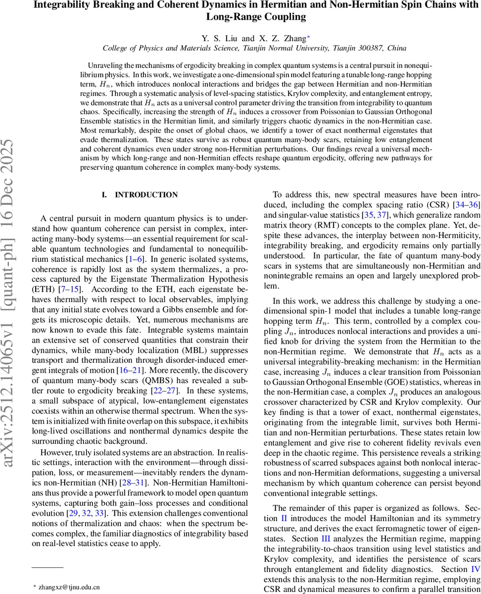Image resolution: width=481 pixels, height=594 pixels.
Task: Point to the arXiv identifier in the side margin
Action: [11, 317]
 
